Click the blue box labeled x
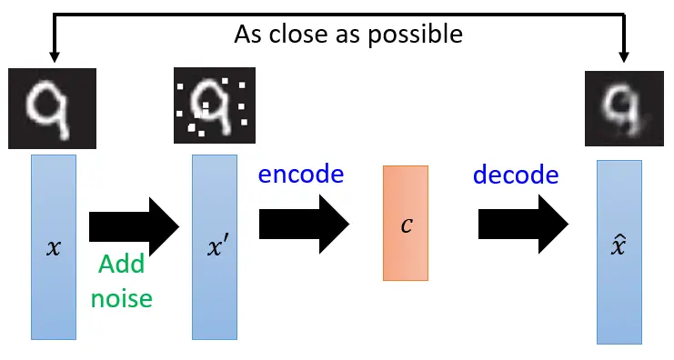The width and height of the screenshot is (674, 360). (x=54, y=246)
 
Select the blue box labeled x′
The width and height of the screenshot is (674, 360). (x=215, y=246)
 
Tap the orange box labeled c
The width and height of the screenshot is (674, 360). (x=406, y=223)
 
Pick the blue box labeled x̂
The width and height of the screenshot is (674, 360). (x=620, y=252)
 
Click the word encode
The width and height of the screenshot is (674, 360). (x=301, y=175)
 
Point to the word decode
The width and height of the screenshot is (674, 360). (x=516, y=175)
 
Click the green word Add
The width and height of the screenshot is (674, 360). (x=122, y=265)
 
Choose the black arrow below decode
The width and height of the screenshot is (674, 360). (x=523, y=223)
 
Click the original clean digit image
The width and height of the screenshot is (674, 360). (x=43, y=106)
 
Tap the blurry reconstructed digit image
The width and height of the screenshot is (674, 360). (x=620, y=111)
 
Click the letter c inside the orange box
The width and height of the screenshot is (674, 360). (x=406, y=224)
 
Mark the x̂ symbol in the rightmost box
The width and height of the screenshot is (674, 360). (x=620, y=246)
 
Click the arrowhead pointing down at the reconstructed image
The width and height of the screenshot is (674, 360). (x=624, y=55)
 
